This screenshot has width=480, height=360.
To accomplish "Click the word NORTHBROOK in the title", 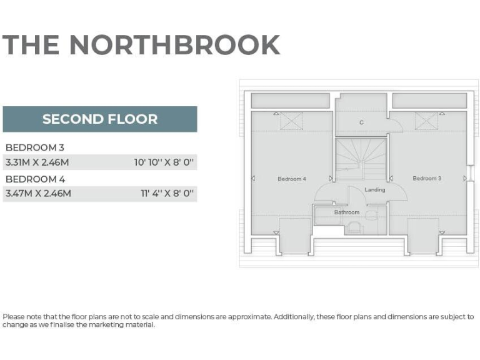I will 174,45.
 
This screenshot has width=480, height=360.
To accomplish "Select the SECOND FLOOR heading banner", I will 100,119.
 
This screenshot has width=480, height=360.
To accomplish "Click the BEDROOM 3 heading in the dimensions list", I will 34,147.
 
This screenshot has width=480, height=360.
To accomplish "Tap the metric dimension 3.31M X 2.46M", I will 38,162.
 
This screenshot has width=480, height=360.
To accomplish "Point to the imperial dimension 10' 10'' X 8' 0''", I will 164,162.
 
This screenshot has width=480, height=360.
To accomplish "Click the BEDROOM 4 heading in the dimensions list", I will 35,179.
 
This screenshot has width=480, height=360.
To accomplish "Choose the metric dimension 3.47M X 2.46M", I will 38,194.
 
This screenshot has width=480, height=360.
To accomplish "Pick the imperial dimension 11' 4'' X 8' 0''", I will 167,194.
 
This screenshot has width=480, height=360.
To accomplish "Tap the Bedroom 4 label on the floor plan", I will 291,179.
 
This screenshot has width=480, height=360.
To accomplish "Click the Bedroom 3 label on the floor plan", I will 427,178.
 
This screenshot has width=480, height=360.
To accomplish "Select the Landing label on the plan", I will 375,189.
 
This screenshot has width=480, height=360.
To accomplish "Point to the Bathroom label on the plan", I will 346,212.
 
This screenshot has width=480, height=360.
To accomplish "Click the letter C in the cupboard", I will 361,122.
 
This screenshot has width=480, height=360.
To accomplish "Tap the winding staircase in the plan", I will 357,156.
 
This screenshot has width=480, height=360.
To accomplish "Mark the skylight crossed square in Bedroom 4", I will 291,120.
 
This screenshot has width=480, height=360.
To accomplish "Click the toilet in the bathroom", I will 372,216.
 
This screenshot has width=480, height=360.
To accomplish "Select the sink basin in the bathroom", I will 354,227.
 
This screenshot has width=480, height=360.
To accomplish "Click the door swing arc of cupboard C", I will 394,127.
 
